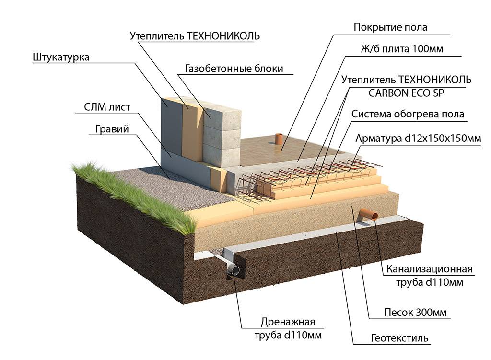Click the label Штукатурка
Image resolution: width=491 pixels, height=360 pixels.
[61, 58]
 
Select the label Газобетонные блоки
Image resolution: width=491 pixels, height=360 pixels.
[234, 69]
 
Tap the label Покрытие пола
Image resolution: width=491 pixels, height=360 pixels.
[390, 27]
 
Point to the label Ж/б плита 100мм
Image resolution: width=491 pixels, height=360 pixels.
[401, 49]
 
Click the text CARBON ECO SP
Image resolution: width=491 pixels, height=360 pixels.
[406, 93]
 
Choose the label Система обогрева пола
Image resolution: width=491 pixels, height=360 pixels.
[408, 115]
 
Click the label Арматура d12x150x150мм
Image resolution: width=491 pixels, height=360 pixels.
[418, 139]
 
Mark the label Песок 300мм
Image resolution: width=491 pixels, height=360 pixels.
[416, 313]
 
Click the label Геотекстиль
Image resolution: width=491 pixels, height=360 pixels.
[400, 338]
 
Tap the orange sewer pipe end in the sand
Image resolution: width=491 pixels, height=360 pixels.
[370, 214]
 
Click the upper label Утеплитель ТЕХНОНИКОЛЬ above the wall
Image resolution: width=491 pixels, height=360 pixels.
[195, 36]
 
